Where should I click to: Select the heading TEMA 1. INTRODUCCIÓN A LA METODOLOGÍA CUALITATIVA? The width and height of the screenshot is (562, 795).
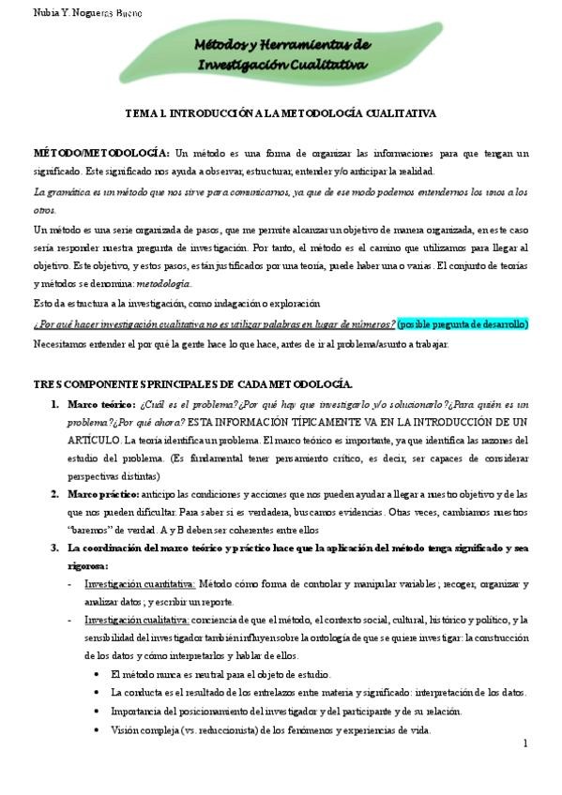(x=281, y=112)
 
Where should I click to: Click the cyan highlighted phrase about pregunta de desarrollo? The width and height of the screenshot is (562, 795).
(x=463, y=323)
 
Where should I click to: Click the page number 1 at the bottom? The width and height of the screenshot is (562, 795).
(x=526, y=743)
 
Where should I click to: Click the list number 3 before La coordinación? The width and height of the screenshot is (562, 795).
(x=54, y=547)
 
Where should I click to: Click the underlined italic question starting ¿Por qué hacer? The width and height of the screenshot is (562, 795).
(x=214, y=323)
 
